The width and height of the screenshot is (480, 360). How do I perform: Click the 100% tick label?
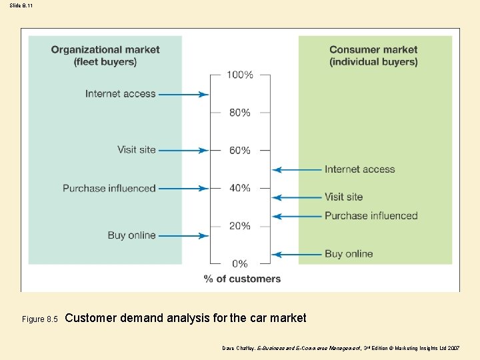coord(240,75)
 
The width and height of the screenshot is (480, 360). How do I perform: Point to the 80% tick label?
coord(240,113)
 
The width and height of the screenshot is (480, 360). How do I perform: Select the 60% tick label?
coord(240,151)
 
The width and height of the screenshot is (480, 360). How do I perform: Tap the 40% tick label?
coord(240,188)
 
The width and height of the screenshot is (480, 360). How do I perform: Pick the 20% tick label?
coord(240,226)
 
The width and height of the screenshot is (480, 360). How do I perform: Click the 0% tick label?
coord(240,264)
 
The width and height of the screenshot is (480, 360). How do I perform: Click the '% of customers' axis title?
coord(243,279)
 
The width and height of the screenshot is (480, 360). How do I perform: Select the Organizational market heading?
coord(105,55)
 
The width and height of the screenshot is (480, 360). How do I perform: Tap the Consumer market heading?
coord(373,55)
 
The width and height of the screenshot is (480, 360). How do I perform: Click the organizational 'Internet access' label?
coord(120,93)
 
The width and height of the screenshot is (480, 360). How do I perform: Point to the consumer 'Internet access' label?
coord(360,169)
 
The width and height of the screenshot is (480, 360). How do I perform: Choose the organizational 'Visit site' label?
coord(136,149)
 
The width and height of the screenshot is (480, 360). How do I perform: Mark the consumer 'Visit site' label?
coord(344,197)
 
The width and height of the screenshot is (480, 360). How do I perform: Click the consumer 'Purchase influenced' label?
coord(371,216)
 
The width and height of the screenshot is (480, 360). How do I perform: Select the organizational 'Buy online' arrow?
coord(183,235)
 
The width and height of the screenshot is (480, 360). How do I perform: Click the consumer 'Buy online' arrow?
coord(297,254)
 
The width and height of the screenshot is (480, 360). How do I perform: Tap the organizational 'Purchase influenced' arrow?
coord(183,188)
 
